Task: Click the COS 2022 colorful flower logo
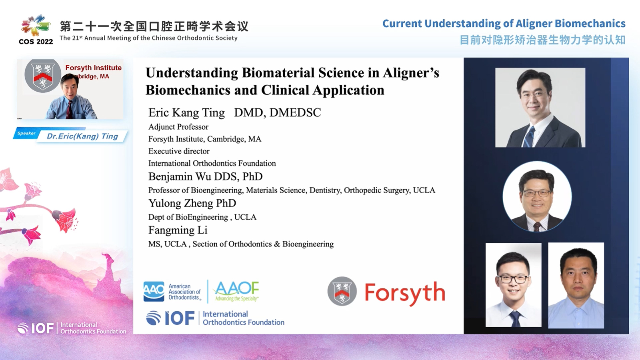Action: point(36,26)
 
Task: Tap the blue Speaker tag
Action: point(26,133)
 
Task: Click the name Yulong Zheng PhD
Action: point(192,203)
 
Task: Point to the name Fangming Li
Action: point(178,230)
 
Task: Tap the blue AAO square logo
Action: point(154,292)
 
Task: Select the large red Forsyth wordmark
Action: point(405,293)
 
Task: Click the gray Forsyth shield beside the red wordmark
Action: point(342,291)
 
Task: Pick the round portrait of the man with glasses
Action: point(537,196)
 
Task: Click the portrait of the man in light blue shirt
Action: point(576,286)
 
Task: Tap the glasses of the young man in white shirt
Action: point(513,279)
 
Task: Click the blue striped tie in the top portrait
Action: point(530,136)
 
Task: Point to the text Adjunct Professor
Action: point(178,127)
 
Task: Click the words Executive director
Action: point(179,151)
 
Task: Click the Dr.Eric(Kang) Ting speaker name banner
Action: point(82,136)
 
